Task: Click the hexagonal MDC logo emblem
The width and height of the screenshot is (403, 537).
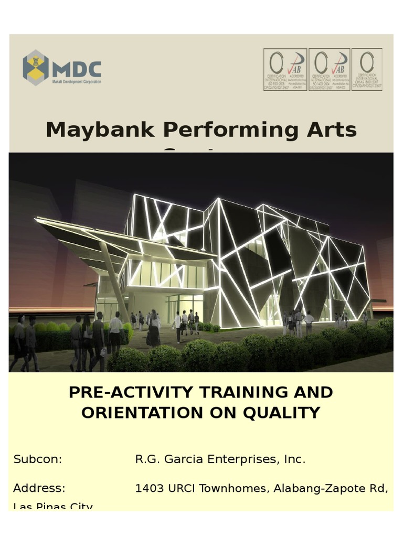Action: coord(35,67)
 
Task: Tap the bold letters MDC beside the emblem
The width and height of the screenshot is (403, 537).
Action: coord(77,68)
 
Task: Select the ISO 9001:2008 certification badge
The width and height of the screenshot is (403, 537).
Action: coord(285,70)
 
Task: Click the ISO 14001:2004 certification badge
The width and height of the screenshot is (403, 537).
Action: coord(329,70)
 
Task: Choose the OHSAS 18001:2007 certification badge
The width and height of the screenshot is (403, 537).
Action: coord(367,70)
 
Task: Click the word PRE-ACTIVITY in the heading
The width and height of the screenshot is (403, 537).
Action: coord(129,393)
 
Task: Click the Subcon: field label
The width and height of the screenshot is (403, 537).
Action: coord(38,460)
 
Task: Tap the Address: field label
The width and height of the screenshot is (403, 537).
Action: coord(39,489)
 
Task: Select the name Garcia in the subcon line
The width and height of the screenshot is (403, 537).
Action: coord(183,460)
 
